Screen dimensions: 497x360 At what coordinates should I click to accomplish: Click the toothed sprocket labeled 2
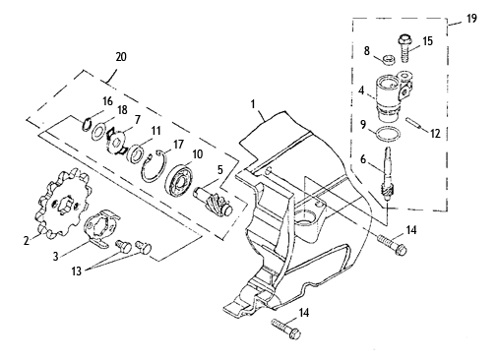pyautogui.click(x=63, y=204)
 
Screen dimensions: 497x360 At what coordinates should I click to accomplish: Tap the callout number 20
pyautogui.click(x=121, y=57)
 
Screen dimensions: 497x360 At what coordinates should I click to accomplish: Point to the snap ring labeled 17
pyautogui.click(x=155, y=167)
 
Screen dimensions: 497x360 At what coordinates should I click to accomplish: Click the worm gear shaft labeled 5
pyautogui.click(x=215, y=200)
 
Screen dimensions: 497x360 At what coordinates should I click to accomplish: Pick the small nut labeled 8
pyautogui.click(x=389, y=60)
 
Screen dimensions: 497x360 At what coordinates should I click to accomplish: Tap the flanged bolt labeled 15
pyautogui.click(x=404, y=48)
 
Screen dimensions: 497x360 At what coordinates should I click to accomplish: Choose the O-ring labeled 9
pyautogui.click(x=388, y=135)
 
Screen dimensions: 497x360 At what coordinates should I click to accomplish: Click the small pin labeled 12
pyautogui.click(x=413, y=123)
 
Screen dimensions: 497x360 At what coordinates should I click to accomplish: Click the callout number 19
pyautogui.click(x=471, y=19)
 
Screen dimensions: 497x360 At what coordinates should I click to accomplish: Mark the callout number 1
pyautogui.click(x=253, y=104)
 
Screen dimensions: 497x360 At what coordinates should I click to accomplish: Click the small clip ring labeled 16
pyautogui.click(x=86, y=124)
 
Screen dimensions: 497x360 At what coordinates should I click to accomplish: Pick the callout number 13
pyautogui.click(x=77, y=270)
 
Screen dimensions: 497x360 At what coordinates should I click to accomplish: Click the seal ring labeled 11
pyautogui.click(x=135, y=152)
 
